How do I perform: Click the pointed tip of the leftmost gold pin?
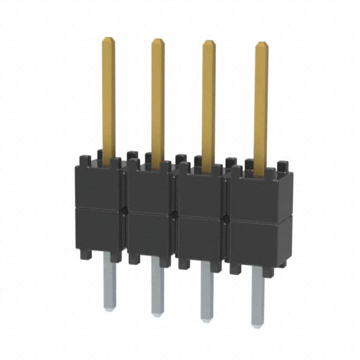pyautogui.click(x=109, y=39)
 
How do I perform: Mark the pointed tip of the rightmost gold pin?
pyautogui.click(x=262, y=44)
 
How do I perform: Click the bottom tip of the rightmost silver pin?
pyautogui.click(x=258, y=326)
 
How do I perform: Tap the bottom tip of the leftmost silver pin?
pyautogui.click(x=110, y=308)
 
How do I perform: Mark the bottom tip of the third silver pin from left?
pyautogui.click(x=206, y=319)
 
